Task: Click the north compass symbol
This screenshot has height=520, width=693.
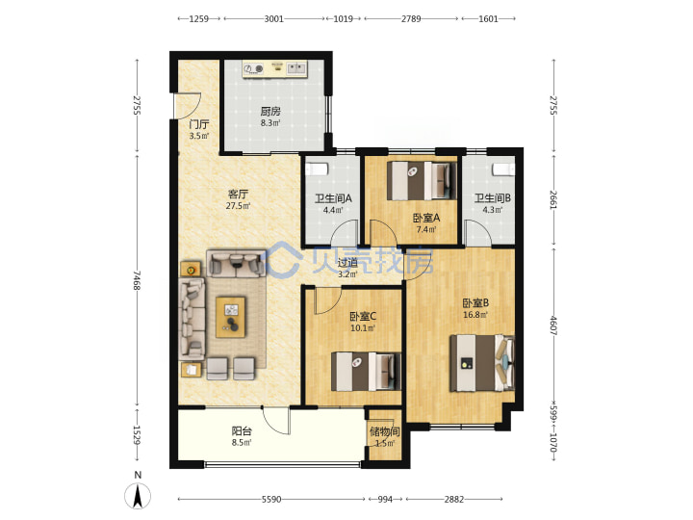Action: click(x=138, y=492)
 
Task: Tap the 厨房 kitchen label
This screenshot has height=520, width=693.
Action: click(x=270, y=111)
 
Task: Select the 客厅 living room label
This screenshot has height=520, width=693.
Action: click(x=239, y=194)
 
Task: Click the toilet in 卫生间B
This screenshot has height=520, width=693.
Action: click(x=503, y=169)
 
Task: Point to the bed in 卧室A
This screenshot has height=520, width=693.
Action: click(x=422, y=181)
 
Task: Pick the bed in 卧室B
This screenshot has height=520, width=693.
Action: click(x=482, y=363)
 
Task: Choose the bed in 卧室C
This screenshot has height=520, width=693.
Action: click(x=366, y=372)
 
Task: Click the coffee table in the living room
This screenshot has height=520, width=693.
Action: click(x=230, y=317)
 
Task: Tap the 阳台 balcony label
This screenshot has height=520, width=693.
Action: click(x=242, y=430)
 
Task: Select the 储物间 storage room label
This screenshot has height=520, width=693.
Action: click(x=384, y=431)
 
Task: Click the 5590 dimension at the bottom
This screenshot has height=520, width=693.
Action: click(x=271, y=499)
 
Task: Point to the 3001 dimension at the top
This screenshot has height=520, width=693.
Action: click(x=274, y=18)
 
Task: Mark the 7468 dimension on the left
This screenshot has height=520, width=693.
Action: click(x=137, y=280)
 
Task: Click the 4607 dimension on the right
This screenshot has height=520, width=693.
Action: click(x=553, y=325)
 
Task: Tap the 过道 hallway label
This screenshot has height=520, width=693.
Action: click(x=347, y=263)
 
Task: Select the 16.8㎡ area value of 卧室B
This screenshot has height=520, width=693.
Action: click(x=475, y=315)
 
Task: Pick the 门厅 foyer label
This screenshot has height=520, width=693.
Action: click(x=199, y=124)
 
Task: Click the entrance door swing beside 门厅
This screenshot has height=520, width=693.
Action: click(x=188, y=106)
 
